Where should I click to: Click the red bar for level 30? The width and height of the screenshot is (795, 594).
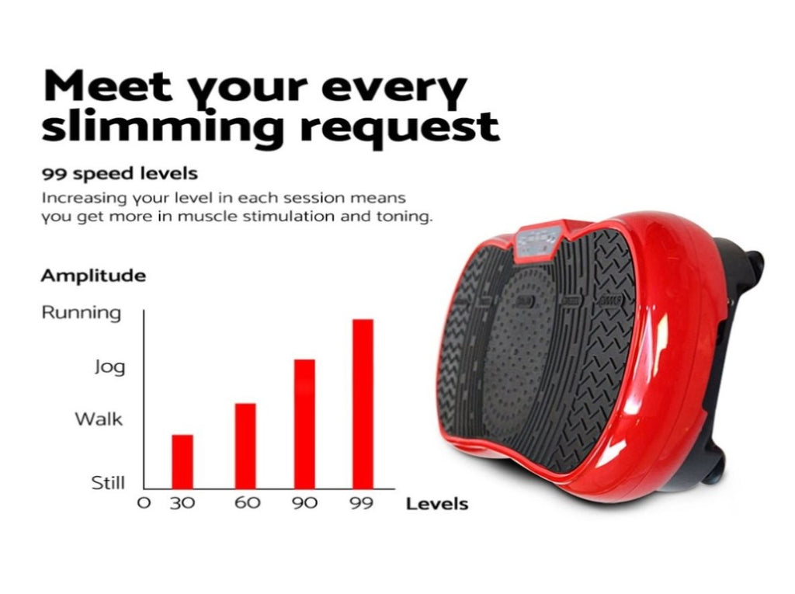coord(182,461)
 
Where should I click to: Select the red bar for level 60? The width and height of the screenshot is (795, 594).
coord(245,446)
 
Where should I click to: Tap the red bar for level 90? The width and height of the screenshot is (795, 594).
coord(304,424)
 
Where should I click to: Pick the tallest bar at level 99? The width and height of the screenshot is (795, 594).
coord(363,404)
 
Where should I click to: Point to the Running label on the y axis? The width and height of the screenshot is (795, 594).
coord(82,312)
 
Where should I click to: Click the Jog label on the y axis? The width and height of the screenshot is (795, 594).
coord(109,366)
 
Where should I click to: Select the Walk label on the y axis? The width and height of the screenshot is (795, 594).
coord(99,419)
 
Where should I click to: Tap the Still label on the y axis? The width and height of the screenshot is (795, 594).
coord(108,482)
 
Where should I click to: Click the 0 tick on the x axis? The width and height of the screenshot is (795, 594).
coord(144,503)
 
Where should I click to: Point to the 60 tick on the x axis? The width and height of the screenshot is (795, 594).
coord(248,502)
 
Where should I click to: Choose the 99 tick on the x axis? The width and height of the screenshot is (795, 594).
coord(362,503)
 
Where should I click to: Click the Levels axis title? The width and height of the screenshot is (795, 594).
coord(437,504)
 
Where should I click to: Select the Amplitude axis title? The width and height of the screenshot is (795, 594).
coord(93,276)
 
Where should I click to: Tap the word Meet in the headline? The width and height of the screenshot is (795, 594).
coord(108,87)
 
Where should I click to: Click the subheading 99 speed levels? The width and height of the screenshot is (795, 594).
coord(120,174)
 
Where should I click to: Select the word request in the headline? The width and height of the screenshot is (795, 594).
coord(400,128)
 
